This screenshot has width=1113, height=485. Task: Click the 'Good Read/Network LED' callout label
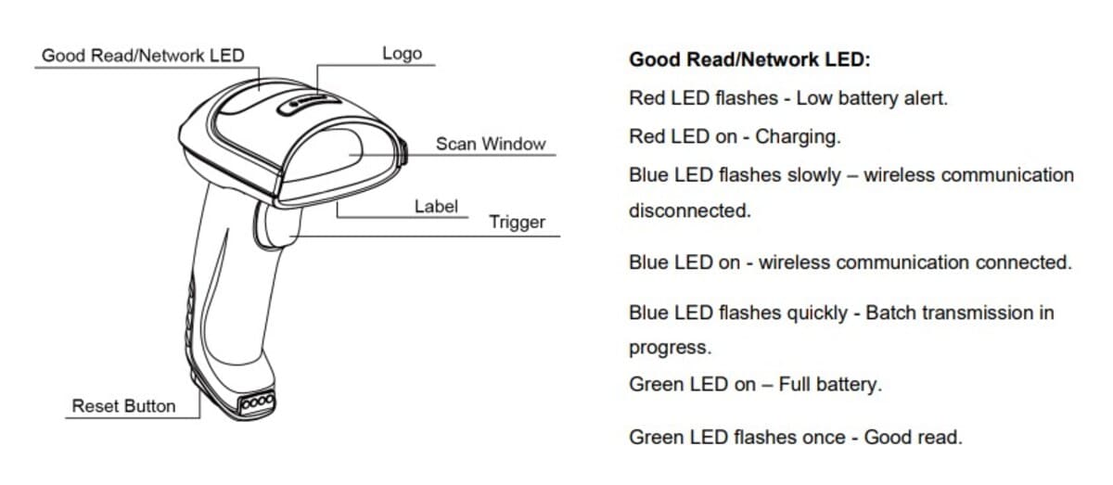pyautogui.click(x=143, y=56)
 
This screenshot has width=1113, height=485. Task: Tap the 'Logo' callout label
pyautogui.click(x=402, y=53)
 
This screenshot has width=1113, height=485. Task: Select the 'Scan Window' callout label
pyautogui.click(x=491, y=145)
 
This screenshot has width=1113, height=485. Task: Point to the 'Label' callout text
pyautogui.click(x=436, y=206)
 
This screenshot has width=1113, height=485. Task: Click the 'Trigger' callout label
pyautogui.click(x=517, y=223)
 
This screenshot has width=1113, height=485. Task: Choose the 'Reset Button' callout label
pyautogui.click(x=123, y=406)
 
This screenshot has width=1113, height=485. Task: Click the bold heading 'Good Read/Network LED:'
pyautogui.click(x=749, y=60)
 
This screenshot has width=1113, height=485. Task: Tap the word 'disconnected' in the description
pyautogui.click(x=689, y=211)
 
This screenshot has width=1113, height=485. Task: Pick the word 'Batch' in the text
pyautogui.click(x=889, y=313)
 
